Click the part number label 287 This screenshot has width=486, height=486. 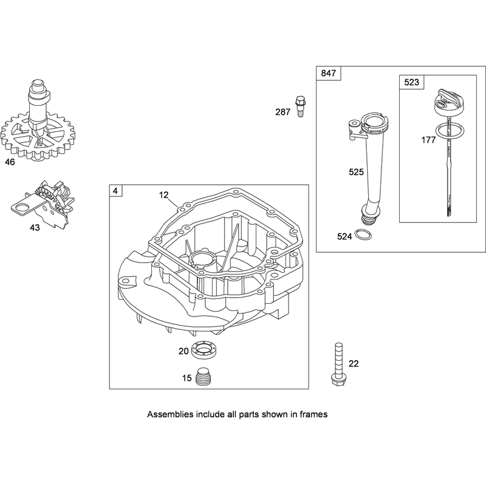(x=282, y=112)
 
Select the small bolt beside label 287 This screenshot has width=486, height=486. (x=300, y=106)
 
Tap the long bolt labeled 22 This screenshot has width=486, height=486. (x=338, y=364)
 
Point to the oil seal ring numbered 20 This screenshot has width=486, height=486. (x=204, y=350)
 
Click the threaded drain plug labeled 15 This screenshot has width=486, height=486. (x=204, y=377)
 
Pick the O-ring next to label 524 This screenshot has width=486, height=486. (x=363, y=234)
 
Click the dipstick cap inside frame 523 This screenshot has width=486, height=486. (x=446, y=103)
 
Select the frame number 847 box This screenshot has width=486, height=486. (x=328, y=73)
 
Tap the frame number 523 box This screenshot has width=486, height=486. (x=412, y=82)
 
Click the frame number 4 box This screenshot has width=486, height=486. (x=115, y=191)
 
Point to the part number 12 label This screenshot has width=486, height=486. (x=163, y=195)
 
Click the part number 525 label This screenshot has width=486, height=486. (x=356, y=172)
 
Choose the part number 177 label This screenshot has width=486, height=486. (x=428, y=140)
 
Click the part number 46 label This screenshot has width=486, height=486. (x=10, y=162)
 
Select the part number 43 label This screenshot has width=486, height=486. (x=35, y=228)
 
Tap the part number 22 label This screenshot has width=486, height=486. (x=354, y=363)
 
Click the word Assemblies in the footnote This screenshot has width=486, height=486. (x=170, y=414)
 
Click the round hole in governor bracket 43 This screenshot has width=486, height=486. (x=21, y=207)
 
